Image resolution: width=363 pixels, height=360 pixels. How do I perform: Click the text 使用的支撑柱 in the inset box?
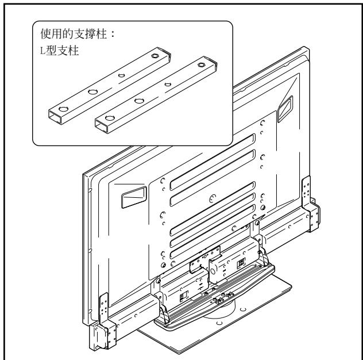tap(74, 34)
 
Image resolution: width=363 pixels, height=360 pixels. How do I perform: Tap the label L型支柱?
tap(60, 51)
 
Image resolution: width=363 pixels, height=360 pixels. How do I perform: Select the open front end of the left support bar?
tap(55, 117)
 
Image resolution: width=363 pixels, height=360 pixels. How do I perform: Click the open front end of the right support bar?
tap(102, 127)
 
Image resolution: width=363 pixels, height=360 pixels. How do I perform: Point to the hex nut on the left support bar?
tap(155, 56)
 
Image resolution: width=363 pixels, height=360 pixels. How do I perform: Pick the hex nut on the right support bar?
tap(202, 64)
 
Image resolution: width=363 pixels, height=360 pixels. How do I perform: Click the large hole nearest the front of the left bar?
tap(63, 109)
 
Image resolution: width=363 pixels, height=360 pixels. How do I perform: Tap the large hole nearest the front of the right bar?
tap(110, 118)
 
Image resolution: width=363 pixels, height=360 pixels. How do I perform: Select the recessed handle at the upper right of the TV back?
tap(285, 109)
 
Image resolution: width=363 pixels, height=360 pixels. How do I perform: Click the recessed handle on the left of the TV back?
tap(134, 197)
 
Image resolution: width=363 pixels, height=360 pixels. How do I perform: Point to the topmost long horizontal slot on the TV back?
tap(213, 162)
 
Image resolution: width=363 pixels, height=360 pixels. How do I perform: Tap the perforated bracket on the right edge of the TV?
tap(311, 204)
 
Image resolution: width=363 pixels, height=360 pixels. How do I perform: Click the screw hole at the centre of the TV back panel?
tap(213, 198)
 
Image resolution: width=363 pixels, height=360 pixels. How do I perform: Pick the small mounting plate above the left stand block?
tap(205, 258)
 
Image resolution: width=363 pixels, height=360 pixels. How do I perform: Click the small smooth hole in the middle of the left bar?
tap(122, 75)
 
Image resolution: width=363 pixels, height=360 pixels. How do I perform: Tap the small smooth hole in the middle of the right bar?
tap(168, 84)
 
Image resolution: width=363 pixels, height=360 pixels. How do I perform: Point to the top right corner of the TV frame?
tap(308, 48)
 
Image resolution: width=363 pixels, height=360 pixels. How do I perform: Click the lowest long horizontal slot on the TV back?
tap(213, 232)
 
